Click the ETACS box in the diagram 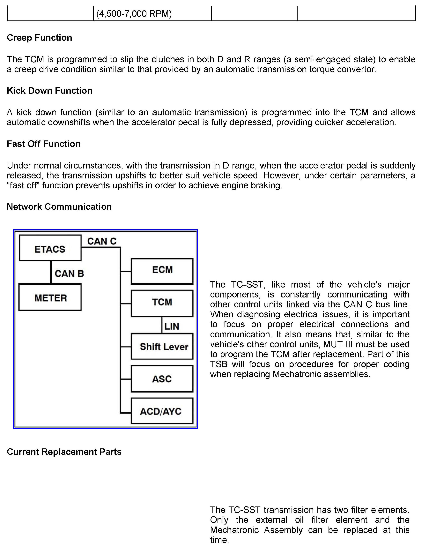(x=50, y=248)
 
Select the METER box (x=50, y=297)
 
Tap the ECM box (x=162, y=271)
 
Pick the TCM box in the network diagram (x=162, y=303)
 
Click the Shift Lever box (x=162, y=346)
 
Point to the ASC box (x=162, y=379)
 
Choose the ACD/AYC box (x=162, y=411)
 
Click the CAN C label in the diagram (x=102, y=241)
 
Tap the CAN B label (x=69, y=273)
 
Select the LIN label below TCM (x=172, y=326)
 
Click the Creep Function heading (x=39, y=38)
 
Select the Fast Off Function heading (x=44, y=144)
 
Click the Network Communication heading (x=59, y=207)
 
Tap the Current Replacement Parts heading (x=64, y=452)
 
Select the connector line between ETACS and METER (x=51, y=272)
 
